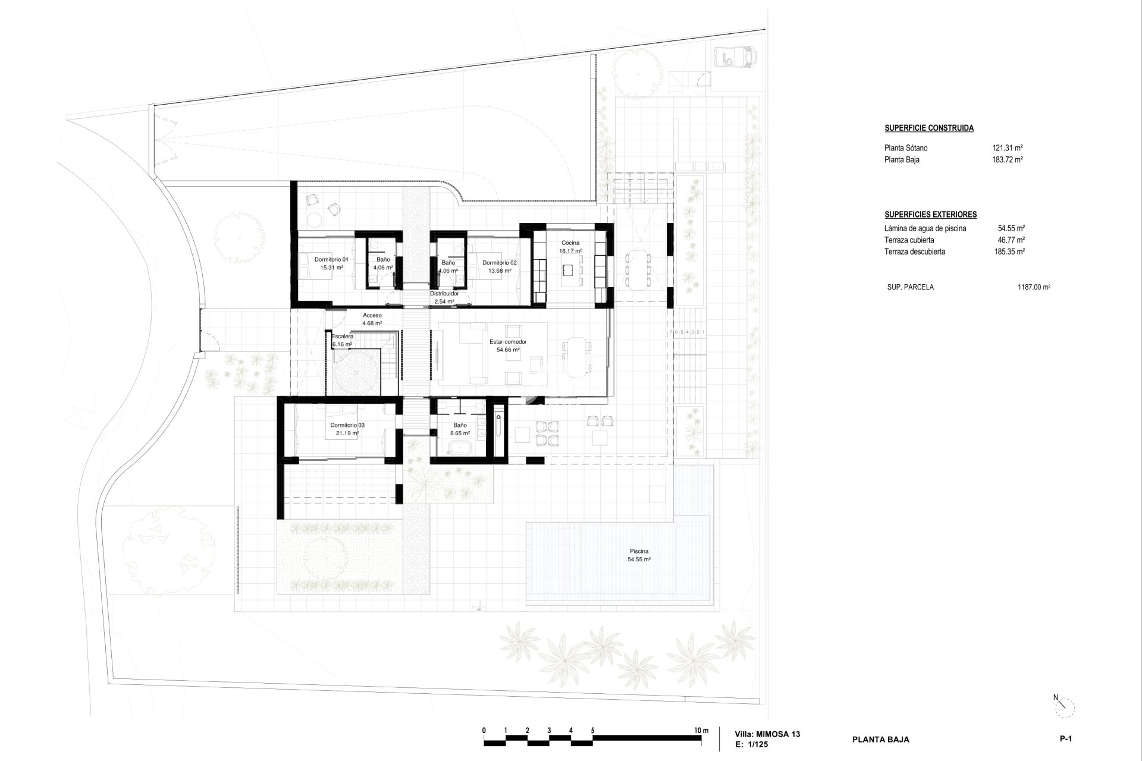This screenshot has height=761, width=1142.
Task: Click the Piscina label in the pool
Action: [639, 551]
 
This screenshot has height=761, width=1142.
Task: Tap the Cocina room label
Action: [570, 243]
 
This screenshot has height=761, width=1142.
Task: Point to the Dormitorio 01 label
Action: [331, 260]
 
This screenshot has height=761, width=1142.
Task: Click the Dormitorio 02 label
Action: [500, 263]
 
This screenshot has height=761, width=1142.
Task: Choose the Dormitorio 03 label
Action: [347, 426]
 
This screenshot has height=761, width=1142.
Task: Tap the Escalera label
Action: [343, 337]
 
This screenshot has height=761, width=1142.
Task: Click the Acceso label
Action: [372, 315]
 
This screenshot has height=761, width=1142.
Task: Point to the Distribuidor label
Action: [444, 294]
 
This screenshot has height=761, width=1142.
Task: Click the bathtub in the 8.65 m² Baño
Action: [459, 448]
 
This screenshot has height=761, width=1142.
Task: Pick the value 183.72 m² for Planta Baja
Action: [1008, 159]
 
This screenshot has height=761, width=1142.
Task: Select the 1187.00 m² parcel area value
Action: [1034, 287]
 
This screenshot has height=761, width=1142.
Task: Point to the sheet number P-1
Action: [1065, 739]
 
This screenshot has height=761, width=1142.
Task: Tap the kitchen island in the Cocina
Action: [570, 271]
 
